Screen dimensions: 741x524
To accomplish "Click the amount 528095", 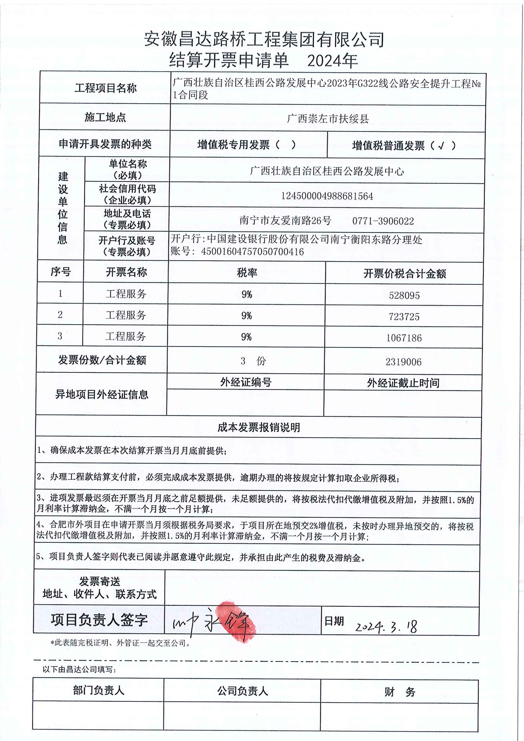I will tap(404, 295).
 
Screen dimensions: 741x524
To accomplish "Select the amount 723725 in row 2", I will tap(404, 317).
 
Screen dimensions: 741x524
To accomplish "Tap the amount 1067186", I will tap(404, 338).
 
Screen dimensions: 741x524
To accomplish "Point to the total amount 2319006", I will tap(403, 362).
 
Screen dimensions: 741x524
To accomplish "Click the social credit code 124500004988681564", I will tap(327, 196).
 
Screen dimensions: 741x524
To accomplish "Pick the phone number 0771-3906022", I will tap(383, 221).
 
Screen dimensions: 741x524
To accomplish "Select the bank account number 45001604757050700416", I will tap(252, 252).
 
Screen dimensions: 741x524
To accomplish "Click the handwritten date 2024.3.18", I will tap(386, 626).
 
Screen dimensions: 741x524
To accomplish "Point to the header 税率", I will tap(247, 273).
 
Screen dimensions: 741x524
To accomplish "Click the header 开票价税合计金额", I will tap(405, 274).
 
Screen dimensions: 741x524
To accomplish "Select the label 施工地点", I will tap(105, 117).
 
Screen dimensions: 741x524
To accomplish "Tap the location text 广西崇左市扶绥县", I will tap(328, 119).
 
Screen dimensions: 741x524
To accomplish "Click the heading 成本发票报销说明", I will tap(259, 427).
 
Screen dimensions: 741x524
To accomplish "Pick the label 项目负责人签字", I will tap(99, 620).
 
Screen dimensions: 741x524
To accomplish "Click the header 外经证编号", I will tap(246, 382).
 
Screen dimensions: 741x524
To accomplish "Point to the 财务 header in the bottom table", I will tap(399, 692).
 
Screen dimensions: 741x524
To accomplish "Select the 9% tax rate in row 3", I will tap(246, 337).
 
